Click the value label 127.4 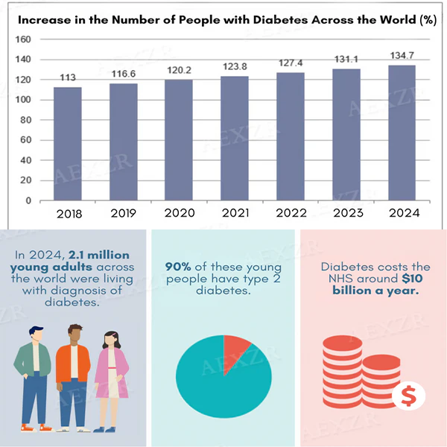[291, 65]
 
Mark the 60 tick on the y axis [25, 140]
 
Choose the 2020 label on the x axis [180, 214]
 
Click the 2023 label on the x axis [346, 214]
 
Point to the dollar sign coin [409, 396]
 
